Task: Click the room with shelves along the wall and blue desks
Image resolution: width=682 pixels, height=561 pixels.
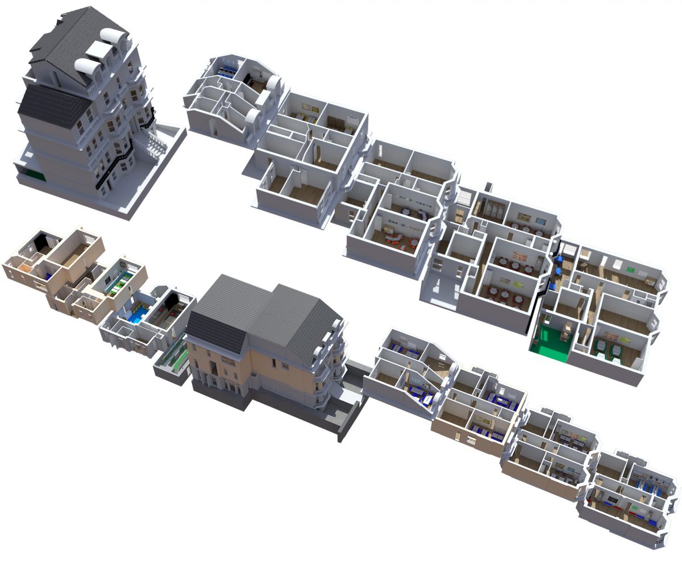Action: point(651,483)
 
